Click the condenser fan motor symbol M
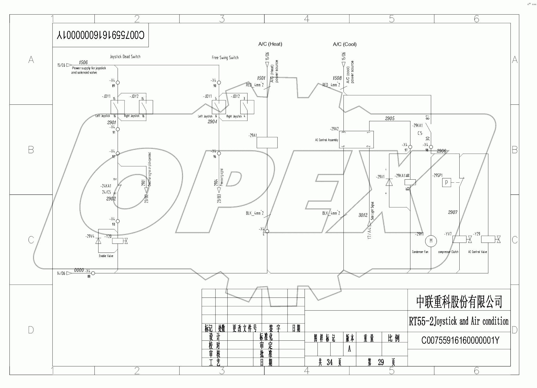pyautogui.click(x=431, y=241)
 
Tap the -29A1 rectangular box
pyautogui.click(x=267, y=142)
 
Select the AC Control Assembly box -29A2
pyautogui.click(x=356, y=139)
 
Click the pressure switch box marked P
pyautogui.click(x=446, y=183)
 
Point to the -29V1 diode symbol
pyautogui.click(x=389, y=182)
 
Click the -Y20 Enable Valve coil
pyautogui.click(x=118, y=240)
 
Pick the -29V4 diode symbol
pyautogui.click(x=98, y=240)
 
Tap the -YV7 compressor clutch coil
pyautogui.click(x=459, y=239)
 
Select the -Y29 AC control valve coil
pyautogui.click(x=488, y=239)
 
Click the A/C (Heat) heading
pyautogui.click(x=270, y=44)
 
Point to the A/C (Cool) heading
pyautogui.click(x=345, y=44)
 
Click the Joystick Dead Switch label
pyautogui.click(x=125, y=57)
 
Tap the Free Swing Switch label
pyautogui.click(x=225, y=58)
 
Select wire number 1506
pyautogui.click(x=83, y=62)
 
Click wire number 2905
pyautogui.click(x=390, y=118)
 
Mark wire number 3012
pyautogui.click(x=363, y=215)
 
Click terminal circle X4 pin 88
pyautogui.click(x=93, y=273)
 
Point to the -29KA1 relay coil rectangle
pyautogui.click(x=410, y=182)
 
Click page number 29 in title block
pyautogui.click(x=381, y=362)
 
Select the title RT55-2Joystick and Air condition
pyautogui.click(x=459, y=321)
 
